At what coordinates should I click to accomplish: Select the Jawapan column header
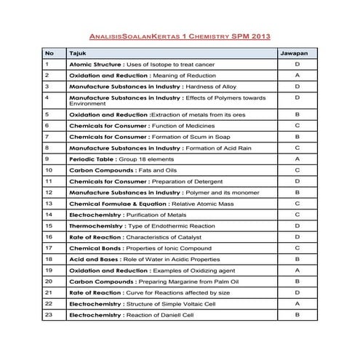click(297, 54)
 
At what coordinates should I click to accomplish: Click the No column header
click(49, 54)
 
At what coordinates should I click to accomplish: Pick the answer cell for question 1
click(297, 65)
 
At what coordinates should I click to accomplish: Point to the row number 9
click(47, 159)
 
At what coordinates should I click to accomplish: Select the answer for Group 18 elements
click(297, 159)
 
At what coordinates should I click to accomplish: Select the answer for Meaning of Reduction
click(297, 76)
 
